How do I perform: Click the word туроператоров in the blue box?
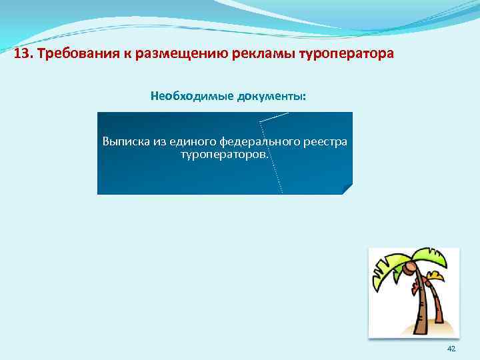[x=224, y=154]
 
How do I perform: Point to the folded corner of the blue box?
[x=347, y=189]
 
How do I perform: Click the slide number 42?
[x=451, y=349]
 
